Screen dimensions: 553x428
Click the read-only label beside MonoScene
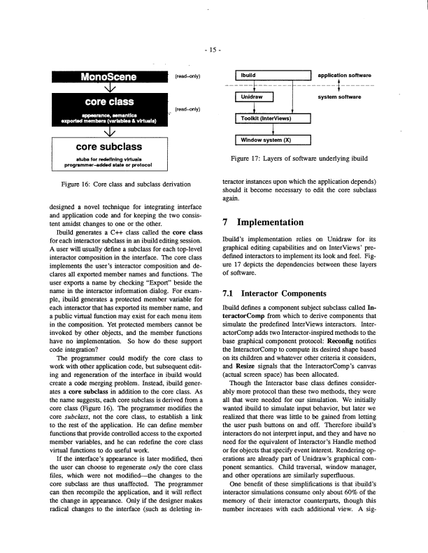coord(188,75)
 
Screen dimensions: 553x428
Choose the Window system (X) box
coord(271,141)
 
